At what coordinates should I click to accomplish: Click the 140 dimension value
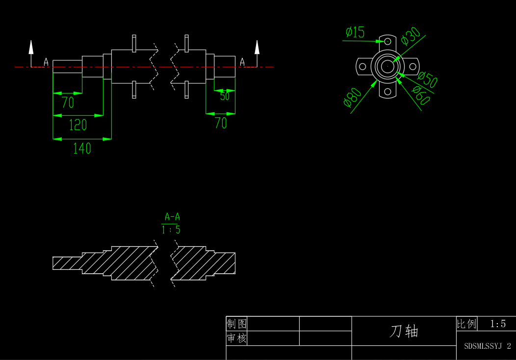[82, 148]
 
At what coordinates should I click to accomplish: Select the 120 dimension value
[77, 125]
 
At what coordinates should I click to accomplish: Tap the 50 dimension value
[225, 97]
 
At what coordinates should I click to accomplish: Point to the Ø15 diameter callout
[355, 32]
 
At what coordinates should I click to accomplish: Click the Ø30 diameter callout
[411, 36]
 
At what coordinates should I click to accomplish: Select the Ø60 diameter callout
[421, 96]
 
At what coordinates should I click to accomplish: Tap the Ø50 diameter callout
[427, 79]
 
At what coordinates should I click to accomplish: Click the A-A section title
[172, 217]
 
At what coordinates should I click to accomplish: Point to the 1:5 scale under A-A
[171, 230]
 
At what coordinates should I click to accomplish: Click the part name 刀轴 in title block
[404, 331]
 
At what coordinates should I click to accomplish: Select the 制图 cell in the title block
[237, 324]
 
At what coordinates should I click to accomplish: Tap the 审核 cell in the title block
[237, 338]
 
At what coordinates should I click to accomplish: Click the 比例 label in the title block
[466, 324]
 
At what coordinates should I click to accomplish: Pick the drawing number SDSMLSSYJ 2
[488, 346]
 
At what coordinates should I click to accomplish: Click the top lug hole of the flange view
[387, 41]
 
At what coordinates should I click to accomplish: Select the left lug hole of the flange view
[362, 66]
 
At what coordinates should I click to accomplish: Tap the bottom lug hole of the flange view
[387, 91]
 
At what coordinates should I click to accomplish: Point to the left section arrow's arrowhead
[31, 47]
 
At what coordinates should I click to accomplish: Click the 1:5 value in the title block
[498, 324]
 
